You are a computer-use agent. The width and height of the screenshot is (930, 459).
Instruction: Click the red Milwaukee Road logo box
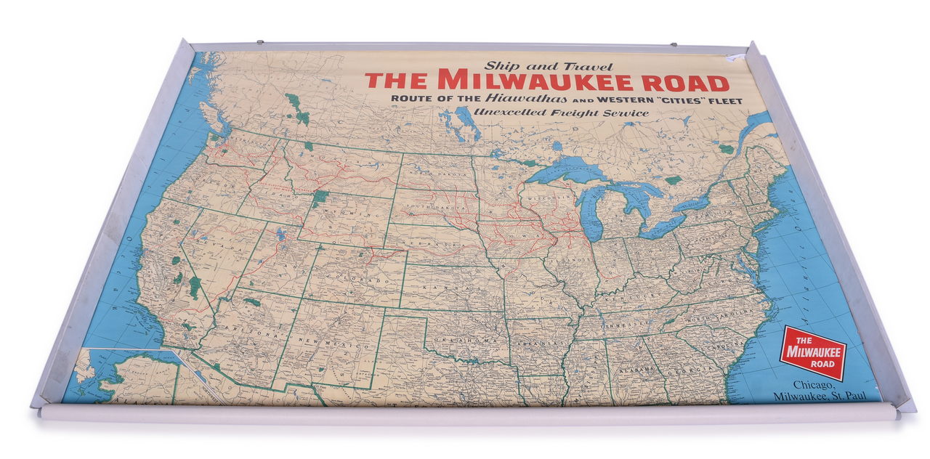click(813, 352)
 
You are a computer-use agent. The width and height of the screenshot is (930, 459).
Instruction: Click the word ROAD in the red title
click(690, 81)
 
